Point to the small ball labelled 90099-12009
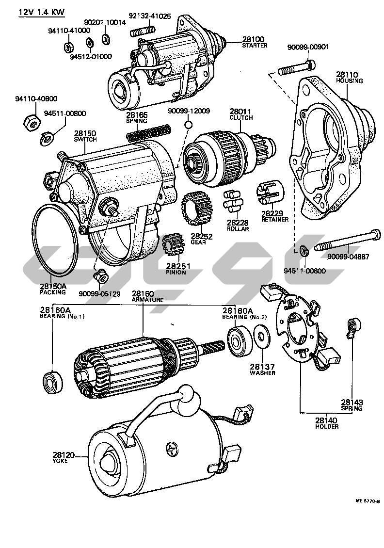click(x=188, y=125)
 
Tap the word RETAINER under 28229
click(x=274, y=219)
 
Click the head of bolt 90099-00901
click(x=312, y=64)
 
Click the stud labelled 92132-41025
click(x=142, y=32)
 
